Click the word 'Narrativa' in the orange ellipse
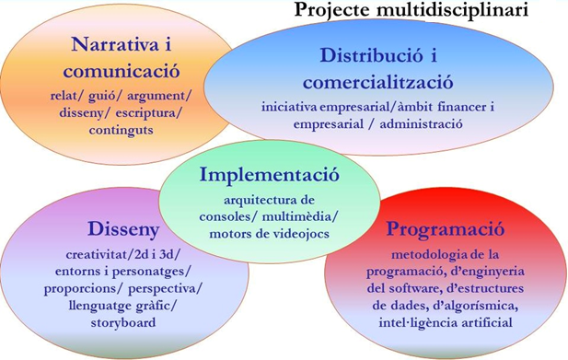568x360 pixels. tap(106, 45)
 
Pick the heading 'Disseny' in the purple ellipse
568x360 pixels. tap(124, 227)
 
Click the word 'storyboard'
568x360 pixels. tap(124, 323)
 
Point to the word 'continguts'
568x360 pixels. tap(115, 130)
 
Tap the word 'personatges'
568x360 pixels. tap(152, 271)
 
